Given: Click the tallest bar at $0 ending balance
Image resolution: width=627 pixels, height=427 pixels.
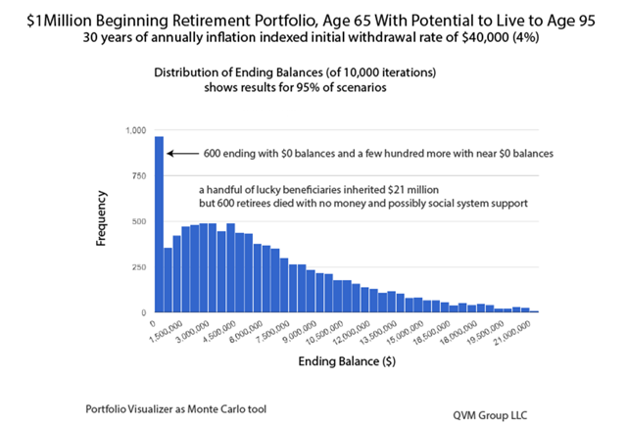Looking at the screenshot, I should [x=159, y=225].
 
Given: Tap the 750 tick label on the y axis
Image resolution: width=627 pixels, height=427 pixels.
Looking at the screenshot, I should [x=138, y=176].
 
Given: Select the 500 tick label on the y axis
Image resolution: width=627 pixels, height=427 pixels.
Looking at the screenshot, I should [x=138, y=221].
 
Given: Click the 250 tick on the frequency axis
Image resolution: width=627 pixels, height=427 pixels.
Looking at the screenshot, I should [x=138, y=266].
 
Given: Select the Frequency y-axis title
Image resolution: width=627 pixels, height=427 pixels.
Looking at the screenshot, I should [x=102, y=221].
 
